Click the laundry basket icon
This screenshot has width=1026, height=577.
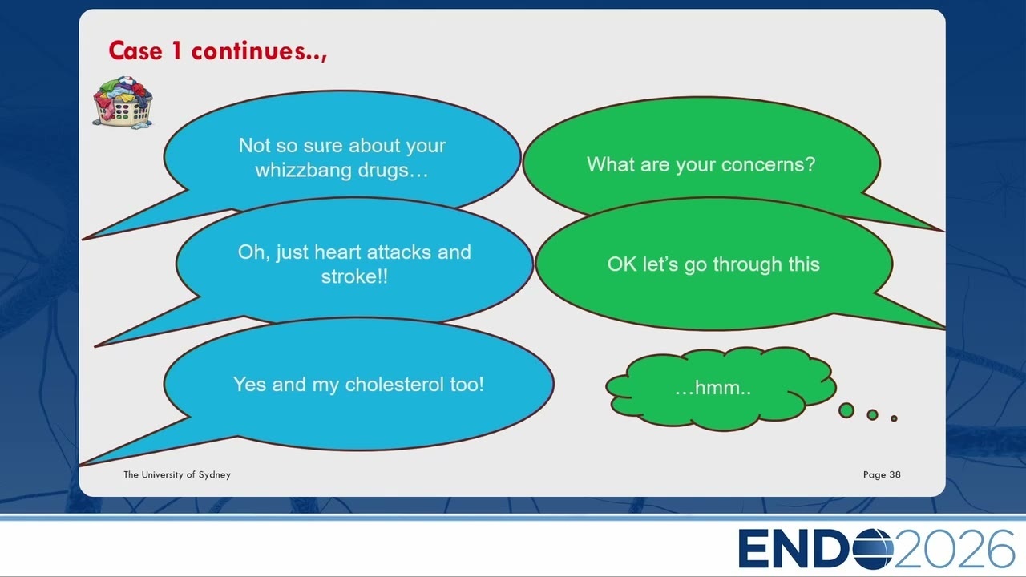pos(123,102)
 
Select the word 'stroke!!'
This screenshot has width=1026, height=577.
pos(354,276)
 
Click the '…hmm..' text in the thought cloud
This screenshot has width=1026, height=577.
pos(713,388)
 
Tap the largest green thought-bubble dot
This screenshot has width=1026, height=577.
pos(846,410)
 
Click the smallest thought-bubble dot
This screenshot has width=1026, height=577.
pos(894,418)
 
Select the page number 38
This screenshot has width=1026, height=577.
pos(895,474)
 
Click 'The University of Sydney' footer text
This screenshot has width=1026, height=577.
pos(177,475)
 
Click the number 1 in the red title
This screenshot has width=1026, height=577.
pos(176,50)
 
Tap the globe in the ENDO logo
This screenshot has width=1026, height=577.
pos(873,549)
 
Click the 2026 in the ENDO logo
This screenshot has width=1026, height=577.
pos(954,549)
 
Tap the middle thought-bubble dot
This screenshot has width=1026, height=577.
pos(873,414)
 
